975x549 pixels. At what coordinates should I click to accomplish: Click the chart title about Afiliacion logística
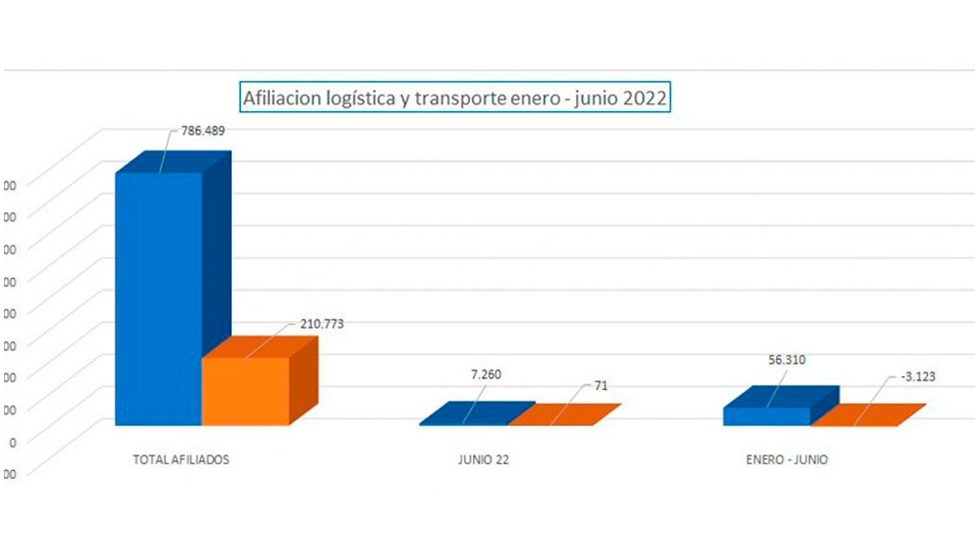454,98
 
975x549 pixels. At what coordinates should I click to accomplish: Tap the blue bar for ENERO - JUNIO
767,414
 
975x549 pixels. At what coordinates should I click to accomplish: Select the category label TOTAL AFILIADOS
180,459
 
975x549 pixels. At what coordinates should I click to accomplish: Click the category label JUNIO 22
483,459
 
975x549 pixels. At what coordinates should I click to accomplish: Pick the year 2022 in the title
643,98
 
